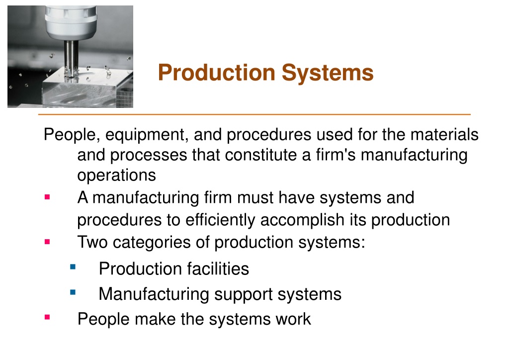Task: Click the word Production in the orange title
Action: (217, 72)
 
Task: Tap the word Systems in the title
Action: (328, 73)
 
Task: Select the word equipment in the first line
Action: (147, 135)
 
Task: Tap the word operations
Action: (116, 176)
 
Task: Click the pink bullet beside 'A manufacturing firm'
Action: (47, 197)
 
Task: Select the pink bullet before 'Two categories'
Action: (47, 242)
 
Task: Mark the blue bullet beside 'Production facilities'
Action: (73, 267)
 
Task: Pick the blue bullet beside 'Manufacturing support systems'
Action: (73, 293)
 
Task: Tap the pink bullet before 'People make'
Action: (47, 317)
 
